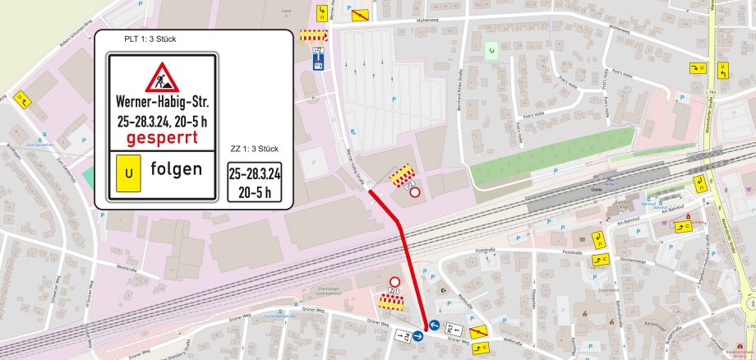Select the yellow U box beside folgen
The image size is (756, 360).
(127, 174)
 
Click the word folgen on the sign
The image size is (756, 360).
(176, 170)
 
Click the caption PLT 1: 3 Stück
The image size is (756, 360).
(150, 39)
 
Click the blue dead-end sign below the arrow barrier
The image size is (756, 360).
(319, 62)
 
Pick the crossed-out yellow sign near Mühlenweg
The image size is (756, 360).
(359, 13)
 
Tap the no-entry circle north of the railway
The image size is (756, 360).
(415, 192)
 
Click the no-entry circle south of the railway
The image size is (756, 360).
(394, 281)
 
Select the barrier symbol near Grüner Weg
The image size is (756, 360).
(391, 302)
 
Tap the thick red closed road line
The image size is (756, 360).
(403, 247)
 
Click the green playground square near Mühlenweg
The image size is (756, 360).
(491, 50)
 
